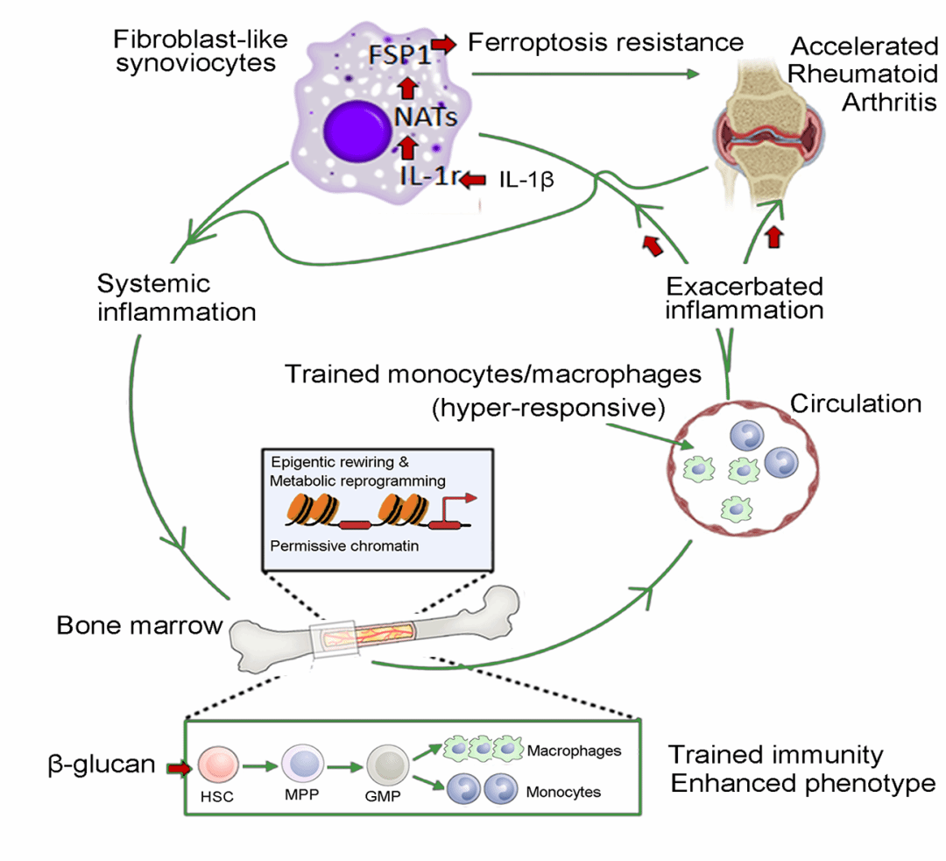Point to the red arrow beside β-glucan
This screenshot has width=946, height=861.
point(179,768)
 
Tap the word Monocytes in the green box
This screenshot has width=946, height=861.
point(563,792)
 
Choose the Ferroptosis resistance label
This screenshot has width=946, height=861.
point(605,41)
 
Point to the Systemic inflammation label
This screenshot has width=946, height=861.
point(176,298)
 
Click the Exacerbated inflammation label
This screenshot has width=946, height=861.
point(744,298)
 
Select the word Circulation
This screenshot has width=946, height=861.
point(856,404)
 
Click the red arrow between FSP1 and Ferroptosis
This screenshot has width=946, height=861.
point(445,44)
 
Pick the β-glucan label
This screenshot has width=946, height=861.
point(102,765)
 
